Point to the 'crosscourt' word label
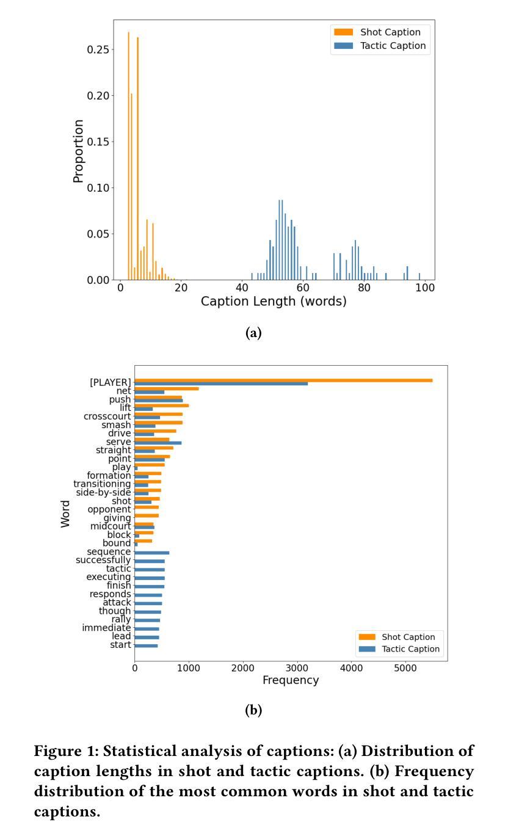107,416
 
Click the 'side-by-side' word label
103,493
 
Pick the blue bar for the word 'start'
146,645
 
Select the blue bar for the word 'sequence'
152,553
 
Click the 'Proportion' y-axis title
78,151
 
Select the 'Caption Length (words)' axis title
274,302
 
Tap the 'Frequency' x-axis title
291,680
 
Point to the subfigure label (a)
253,333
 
